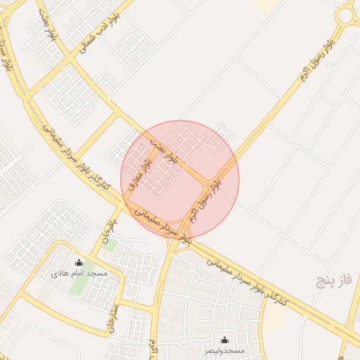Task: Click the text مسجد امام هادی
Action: [x=79, y=273]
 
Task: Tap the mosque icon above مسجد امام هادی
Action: [x=79, y=263]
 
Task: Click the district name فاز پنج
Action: [x=332, y=283]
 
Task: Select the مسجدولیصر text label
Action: [x=224, y=349]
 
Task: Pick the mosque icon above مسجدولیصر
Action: [x=224, y=340]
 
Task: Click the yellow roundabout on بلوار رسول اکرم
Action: [x=345, y=15]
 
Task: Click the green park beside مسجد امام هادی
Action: [x=79, y=283]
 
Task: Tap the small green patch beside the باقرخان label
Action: [x=110, y=245]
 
